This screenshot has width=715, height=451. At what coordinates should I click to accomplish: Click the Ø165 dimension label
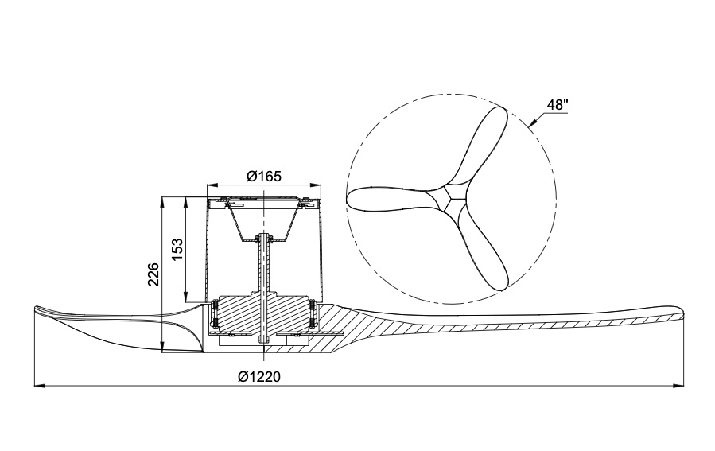[x=264, y=176]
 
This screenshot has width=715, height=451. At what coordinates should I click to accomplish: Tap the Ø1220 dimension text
[x=259, y=377]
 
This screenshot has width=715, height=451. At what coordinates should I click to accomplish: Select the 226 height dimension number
[x=153, y=274]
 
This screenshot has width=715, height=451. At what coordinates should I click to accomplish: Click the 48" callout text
[x=558, y=105]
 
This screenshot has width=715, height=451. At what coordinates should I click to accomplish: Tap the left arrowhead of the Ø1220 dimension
[x=40, y=386]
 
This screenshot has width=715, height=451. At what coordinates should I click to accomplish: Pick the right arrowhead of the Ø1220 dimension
[x=679, y=386]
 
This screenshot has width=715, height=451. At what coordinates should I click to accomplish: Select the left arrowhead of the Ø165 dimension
[x=212, y=185]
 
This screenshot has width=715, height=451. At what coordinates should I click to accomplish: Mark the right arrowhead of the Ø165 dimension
[x=316, y=185]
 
